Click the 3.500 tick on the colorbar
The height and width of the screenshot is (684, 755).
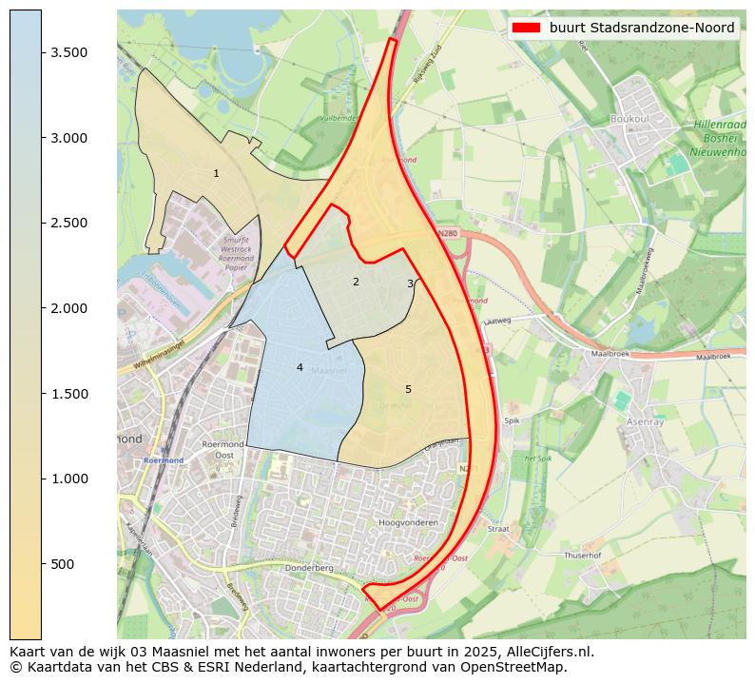click(70, 52)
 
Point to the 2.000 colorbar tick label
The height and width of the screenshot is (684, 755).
click(70, 308)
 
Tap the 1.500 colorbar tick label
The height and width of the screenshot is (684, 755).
click(70, 394)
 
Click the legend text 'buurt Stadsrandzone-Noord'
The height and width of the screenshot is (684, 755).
click(642, 28)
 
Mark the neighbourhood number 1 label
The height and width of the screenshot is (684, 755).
click(216, 173)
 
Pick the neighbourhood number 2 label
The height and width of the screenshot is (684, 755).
click(356, 282)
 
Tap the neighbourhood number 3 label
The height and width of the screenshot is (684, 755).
click(410, 283)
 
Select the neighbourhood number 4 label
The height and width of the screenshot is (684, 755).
click(300, 367)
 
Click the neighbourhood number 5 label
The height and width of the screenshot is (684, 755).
click(408, 389)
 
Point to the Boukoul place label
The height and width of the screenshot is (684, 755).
click(632, 120)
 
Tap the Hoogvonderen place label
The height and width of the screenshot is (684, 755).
click(408, 523)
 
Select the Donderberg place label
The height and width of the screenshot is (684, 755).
click(310, 567)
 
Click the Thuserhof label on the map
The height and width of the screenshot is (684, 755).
click(582, 555)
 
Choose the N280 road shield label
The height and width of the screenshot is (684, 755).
click(449, 232)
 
